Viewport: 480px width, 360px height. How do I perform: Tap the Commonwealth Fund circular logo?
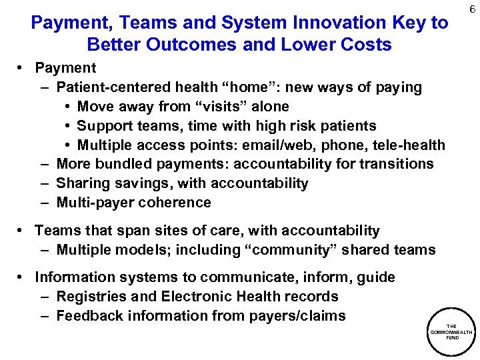tap(451, 331)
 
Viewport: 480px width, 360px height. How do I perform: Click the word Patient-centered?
tap(114, 87)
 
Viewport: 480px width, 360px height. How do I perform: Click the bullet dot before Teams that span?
tap(22, 231)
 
